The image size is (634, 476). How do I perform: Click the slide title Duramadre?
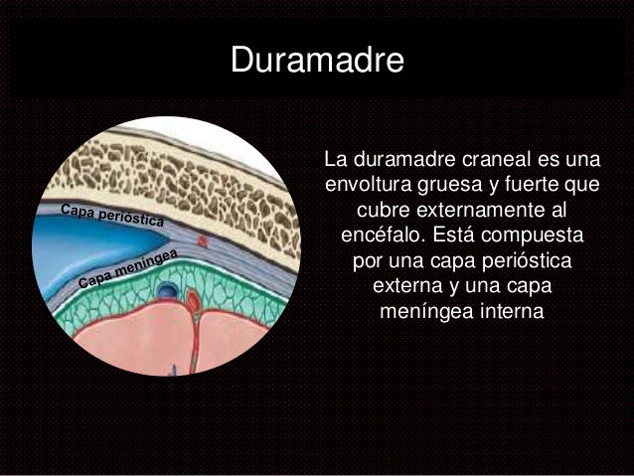pos(317,60)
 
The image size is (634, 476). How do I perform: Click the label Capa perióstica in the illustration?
pos(111,216)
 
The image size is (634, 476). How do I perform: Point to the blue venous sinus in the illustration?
pos(70,248)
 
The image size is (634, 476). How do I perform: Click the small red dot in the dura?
pos(204,240)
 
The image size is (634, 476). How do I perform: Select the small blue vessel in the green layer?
pos(169,290)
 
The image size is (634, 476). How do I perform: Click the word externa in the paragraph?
pos(407,288)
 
